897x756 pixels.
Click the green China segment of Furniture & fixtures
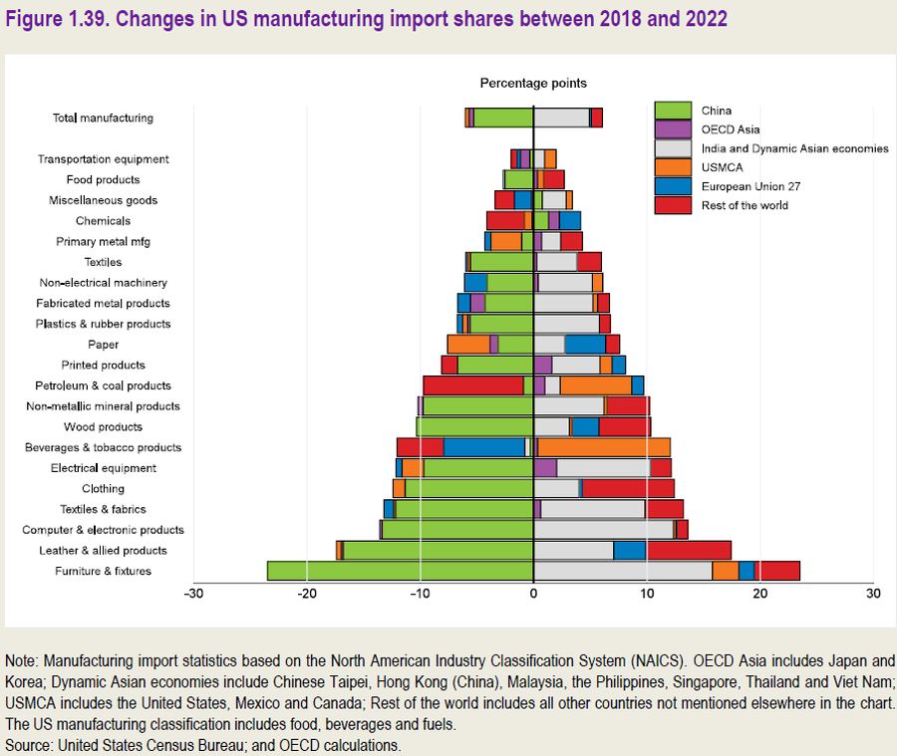pos(399,571)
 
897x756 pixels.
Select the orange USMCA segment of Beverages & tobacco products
pos(604,447)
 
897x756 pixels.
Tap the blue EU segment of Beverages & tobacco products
pos(483,447)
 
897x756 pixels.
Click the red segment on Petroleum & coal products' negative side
pos(472,385)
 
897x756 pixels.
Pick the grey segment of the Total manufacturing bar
pos(561,118)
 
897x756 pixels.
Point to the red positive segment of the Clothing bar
pos(628,488)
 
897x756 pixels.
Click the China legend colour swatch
pos(673,111)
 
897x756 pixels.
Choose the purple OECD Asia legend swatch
pos(673,129)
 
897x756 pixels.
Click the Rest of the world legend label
pos(745,205)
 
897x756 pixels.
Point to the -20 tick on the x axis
pos(307,595)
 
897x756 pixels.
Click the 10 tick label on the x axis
pos(647,595)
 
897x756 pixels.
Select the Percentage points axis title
pos(533,84)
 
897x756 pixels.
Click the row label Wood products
pos(103,427)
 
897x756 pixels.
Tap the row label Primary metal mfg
pos(103,241)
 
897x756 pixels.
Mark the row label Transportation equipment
pos(103,159)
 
